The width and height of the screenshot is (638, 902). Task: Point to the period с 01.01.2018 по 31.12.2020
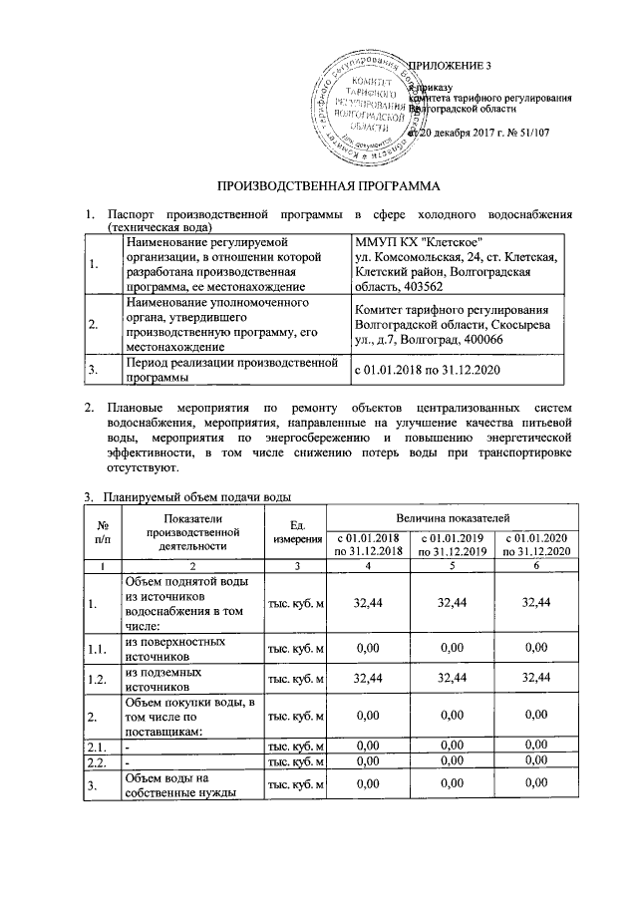[x=428, y=370]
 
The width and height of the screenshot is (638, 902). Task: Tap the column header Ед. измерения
[x=296, y=531]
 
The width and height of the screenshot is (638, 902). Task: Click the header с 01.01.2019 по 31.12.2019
[x=453, y=545]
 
